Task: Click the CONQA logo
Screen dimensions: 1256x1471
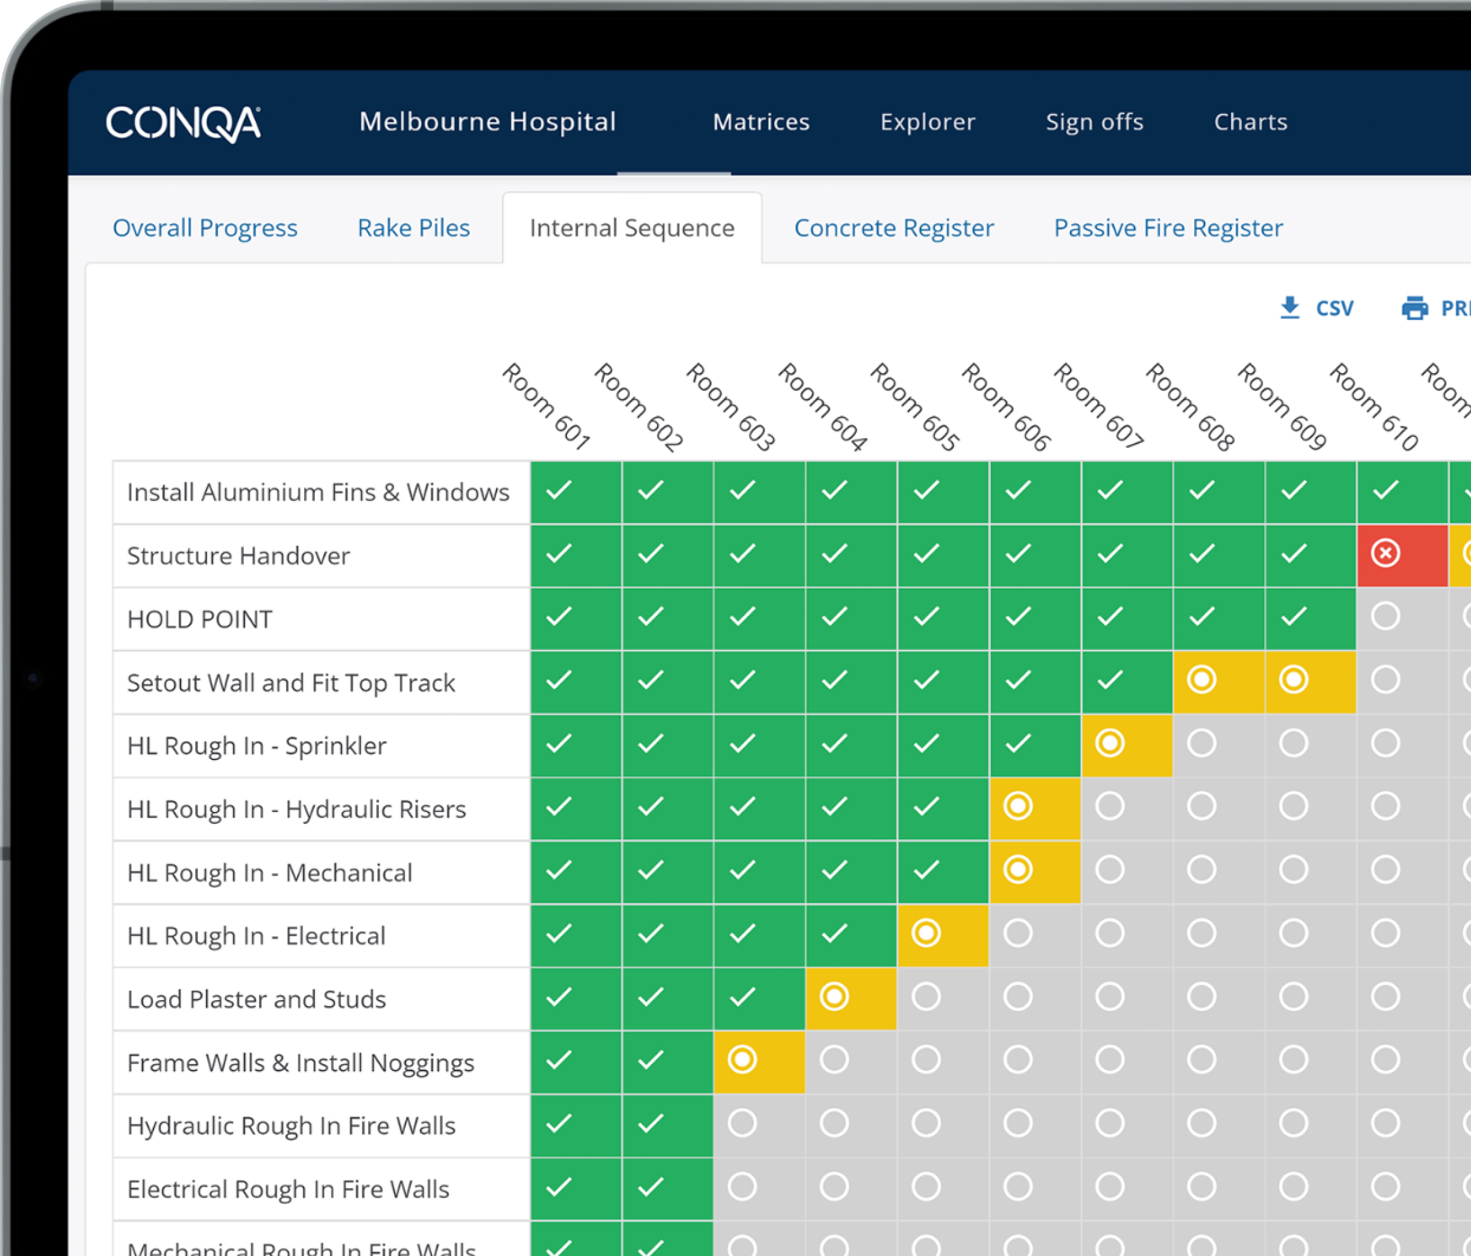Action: click(x=183, y=124)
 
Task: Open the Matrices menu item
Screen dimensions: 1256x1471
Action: click(x=761, y=122)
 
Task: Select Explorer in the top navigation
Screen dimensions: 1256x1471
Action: click(x=927, y=122)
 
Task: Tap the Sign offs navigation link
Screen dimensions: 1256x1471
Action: click(x=1094, y=122)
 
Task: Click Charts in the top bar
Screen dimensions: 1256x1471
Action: click(x=1250, y=122)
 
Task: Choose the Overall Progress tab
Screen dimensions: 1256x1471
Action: click(x=205, y=228)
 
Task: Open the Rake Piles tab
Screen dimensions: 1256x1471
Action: click(x=413, y=228)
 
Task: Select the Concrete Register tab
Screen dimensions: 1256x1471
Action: click(x=893, y=228)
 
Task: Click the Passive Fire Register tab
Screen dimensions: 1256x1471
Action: click(x=1168, y=228)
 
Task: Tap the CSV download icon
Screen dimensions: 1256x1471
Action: click(x=1289, y=308)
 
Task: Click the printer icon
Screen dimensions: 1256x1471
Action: click(x=1414, y=308)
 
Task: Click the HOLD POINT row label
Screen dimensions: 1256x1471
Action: click(x=200, y=619)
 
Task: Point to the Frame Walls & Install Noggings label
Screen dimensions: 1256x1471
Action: click(x=300, y=1063)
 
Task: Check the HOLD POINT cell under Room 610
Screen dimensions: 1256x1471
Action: click(x=1385, y=617)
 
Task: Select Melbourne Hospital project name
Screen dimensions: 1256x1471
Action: click(x=487, y=122)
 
